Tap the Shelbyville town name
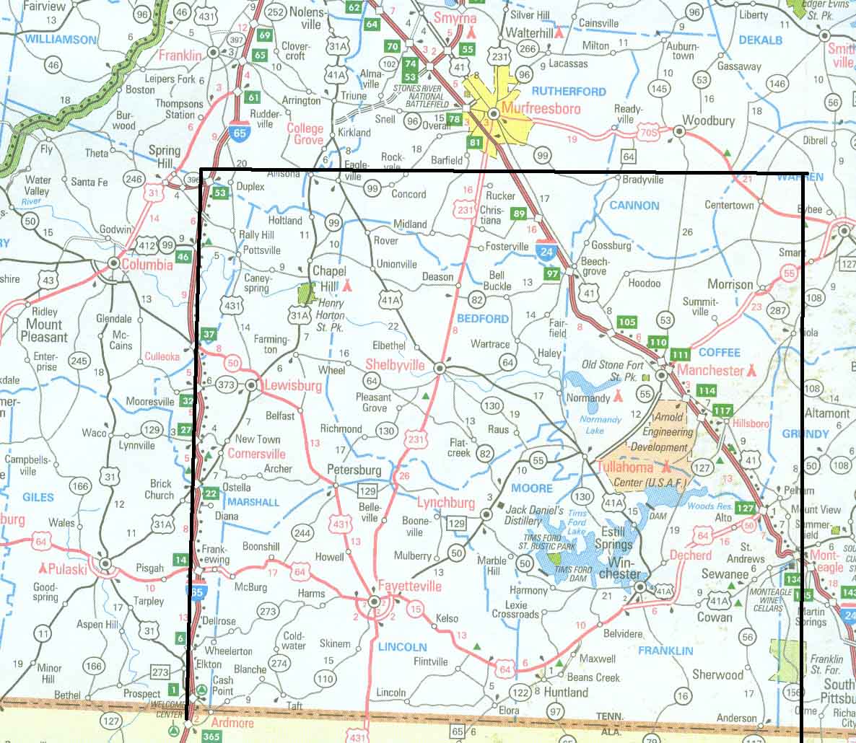(x=395, y=365)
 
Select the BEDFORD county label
(x=483, y=318)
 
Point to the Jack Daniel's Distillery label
(x=523, y=515)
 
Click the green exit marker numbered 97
(x=553, y=273)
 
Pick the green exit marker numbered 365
(x=211, y=736)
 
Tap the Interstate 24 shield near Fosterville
(x=546, y=250)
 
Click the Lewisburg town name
(x=293, y=386)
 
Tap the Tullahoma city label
(x=626, y=467)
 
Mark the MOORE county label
(x=532, y=488)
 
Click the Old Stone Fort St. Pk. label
(x=616, y=371)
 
